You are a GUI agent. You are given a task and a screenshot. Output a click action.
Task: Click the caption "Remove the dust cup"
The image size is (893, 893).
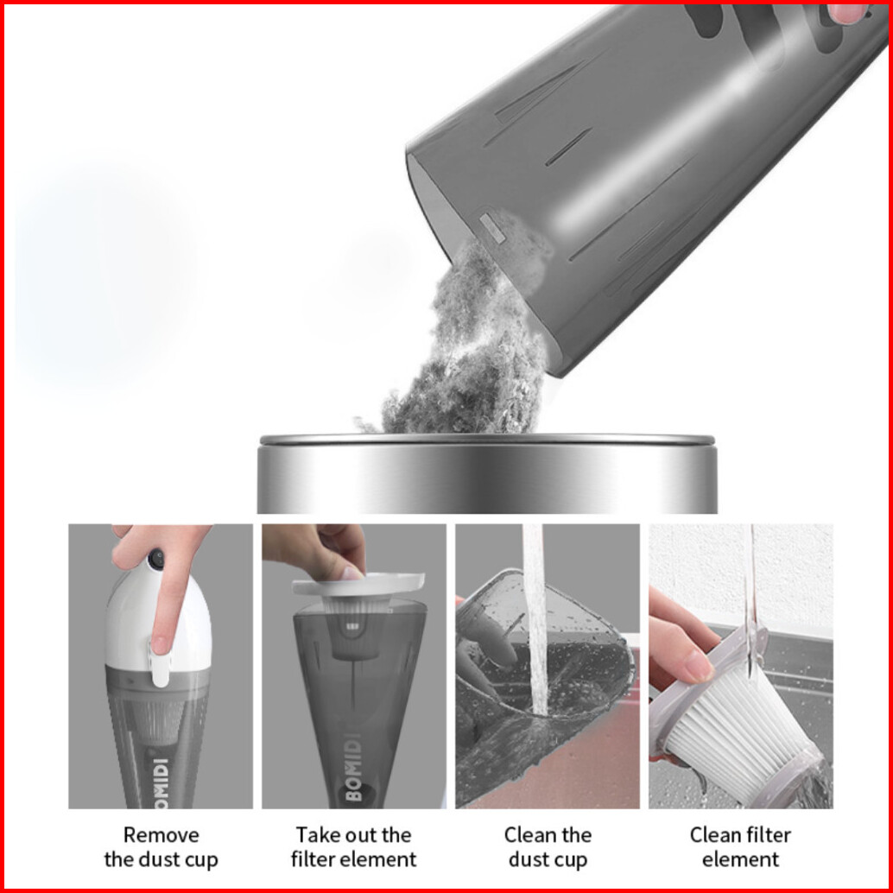[161, 847]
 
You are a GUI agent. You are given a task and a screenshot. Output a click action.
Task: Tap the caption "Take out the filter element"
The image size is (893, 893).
[354, 847]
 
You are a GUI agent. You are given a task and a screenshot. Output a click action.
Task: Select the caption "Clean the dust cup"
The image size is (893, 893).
[548, 847]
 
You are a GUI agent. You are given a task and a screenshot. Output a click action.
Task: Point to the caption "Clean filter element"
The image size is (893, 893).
[740, 847]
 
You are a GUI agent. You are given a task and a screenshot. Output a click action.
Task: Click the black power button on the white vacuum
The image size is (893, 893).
[155, 560]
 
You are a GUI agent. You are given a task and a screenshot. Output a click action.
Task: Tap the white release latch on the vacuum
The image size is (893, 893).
[160, 662]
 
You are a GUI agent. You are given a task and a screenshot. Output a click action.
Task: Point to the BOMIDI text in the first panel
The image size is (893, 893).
[161, 783]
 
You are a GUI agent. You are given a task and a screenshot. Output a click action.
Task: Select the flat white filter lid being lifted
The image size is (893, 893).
[358, 585]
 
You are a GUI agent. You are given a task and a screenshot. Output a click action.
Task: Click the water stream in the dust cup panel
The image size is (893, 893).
[535, 621]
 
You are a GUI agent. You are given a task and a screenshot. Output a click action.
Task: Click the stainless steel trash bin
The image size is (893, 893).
[487, 474]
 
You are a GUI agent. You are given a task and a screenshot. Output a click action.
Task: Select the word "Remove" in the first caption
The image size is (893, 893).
[161, 835]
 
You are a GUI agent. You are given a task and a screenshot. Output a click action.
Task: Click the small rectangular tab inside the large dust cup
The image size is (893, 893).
[492, 228]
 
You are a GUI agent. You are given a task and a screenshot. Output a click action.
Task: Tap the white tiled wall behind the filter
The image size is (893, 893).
[740, 575]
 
